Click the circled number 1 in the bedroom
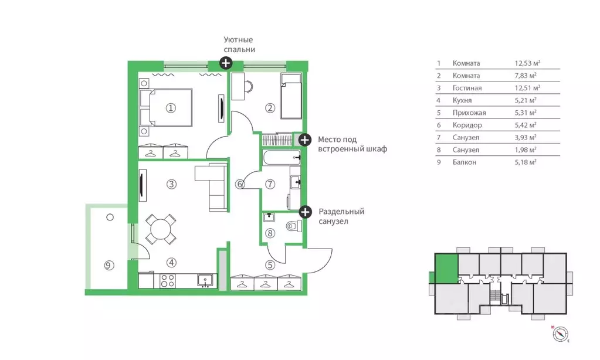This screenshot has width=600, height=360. pyautogui.click(x=171, y=108)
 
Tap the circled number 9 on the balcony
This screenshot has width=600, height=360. pyautogui.click(x=109, y=265)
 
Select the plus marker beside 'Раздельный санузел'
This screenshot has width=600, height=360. pyautogui.click(x=305, y=212)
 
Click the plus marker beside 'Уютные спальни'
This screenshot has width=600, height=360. pyautogui.click(x=226, y=63)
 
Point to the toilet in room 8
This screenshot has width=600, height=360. pyautogui.click(x=293, y=226)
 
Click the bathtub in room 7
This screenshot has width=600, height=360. pyautogui.click(x=282, y=158)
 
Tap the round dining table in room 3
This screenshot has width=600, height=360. pyautogui.click(x=161, y=229)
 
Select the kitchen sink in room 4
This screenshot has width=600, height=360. pyautogui.click(x=205, y=280)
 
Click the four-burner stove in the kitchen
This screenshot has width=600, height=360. pyautogui.click(x=168, y=281)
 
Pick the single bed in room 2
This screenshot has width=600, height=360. pyautogui.click(x=291, y=96)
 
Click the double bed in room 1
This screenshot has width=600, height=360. pyautogui.click(x=165, y=107)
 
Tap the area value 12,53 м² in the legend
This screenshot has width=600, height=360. pyautogui.click(x=527, y=63)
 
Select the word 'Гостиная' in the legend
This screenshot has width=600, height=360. pyautogui.click(x=467, y=88)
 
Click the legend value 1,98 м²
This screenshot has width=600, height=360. pyautogui.click(x=526, y=150)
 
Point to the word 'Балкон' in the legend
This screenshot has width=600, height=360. pyautogui.click(x=464, y=162)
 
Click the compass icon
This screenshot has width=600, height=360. pyautogui.click(x=560, y=334)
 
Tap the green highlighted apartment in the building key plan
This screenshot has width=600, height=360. pyautogui.click(x=446, y=269)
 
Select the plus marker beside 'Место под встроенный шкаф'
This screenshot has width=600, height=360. pyautogui.click(x=304, y=140)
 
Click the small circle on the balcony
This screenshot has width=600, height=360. pyautogui.click(x=110, y=218)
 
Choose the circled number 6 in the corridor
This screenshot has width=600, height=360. pyautogui.click(x=239, y=184)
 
